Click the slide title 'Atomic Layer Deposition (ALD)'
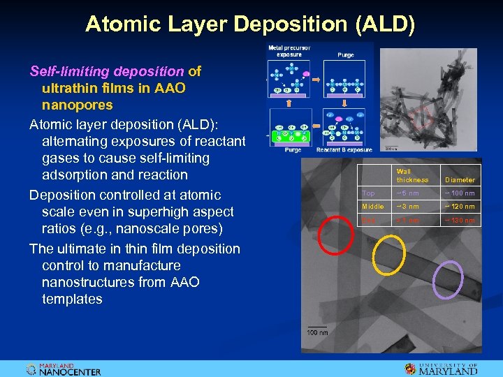coord(250,24)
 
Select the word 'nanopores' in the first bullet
coord(77,105)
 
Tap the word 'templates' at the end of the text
coord(72,299)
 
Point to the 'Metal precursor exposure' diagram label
coord(289,51)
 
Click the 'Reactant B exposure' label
coord(344,150)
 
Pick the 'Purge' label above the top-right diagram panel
coord(345,54)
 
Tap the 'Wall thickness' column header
coord(411,175)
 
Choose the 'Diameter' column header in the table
coord(459,179)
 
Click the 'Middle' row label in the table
coord(372,207)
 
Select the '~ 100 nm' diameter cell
coord(459,193)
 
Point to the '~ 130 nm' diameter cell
coord(459,221)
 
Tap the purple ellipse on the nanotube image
coord(448,279)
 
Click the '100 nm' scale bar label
coord(318,332)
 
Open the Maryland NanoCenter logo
coord(64,369)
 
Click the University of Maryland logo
coord(441,369)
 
